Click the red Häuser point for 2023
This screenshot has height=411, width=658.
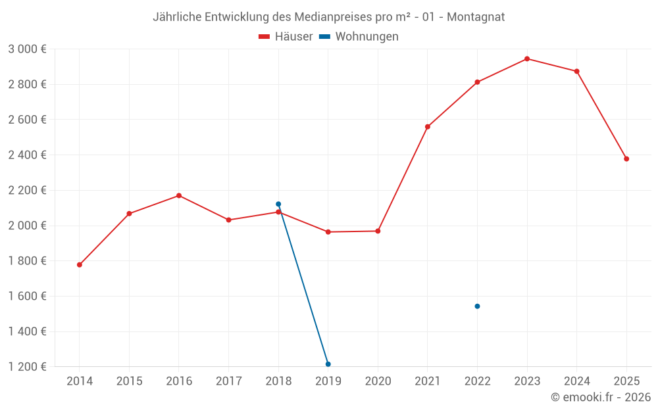coord(527,59)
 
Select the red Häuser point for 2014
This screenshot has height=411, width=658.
coord(80,265)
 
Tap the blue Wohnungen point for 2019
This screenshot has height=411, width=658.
coord(328,364)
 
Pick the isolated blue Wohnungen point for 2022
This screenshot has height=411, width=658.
coord(477,306)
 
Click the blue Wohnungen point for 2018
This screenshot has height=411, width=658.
coord(278,204)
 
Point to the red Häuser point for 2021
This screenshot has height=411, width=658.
coord(428,127)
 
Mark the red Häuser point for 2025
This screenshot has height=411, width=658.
coord(626,158)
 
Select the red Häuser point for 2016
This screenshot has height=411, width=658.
coord(179,195)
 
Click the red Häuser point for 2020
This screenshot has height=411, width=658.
coord(378,231)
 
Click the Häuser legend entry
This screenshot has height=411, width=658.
coord(286,37)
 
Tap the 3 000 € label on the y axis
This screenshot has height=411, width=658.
coord(27,49)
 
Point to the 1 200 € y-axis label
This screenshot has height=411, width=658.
coord(27,367)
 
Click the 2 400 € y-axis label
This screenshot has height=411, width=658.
coord(27,155)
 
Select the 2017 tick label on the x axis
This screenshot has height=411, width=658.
coord(228,381)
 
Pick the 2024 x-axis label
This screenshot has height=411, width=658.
coord(576,381)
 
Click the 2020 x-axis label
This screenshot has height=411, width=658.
coord(378,381)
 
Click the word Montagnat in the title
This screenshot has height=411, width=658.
coord(476,17)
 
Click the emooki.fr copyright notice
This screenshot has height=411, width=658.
coord(600,397)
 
